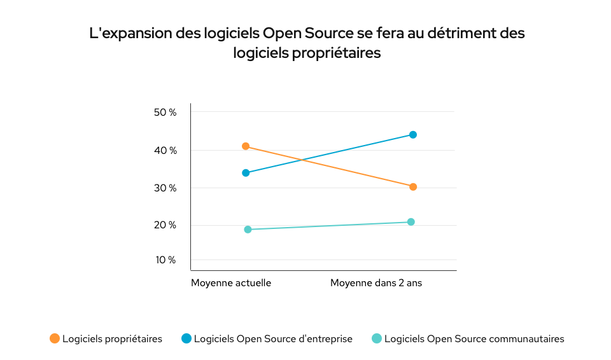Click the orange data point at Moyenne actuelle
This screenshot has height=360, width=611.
tap(246, 146)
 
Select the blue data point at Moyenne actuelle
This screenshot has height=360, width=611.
tap(246, 173)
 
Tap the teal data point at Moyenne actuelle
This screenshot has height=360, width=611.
tap(248, 230)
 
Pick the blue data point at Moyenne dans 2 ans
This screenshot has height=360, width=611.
tap(413, 135)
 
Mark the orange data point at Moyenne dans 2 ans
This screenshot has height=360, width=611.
tap(413, 187)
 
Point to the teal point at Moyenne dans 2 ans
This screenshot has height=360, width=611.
tap(411, 222)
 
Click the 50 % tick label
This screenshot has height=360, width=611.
tap(165, 113)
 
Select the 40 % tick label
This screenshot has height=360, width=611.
tap(165, 151)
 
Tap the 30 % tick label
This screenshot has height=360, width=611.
tap(165, 188)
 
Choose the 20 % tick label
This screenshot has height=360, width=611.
tap(165, 225)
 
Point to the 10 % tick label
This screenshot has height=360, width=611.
tap(165, 260)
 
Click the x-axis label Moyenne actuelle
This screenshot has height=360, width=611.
tap(231, 283)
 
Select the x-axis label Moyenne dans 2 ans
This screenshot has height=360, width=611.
tap(376, 283)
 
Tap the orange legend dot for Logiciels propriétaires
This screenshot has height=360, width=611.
tap(55, 339)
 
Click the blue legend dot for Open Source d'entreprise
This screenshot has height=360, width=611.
tap(186, 339)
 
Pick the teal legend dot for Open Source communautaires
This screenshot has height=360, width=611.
tap(376, 339)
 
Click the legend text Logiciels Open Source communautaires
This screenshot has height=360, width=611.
tap(474, 339)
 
